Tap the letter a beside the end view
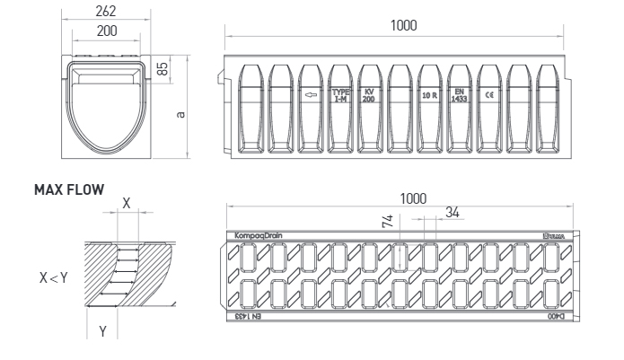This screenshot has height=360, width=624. click(182, 114)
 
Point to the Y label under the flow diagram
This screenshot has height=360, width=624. click(101, 332)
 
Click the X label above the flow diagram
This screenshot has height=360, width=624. click(126, 204)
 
